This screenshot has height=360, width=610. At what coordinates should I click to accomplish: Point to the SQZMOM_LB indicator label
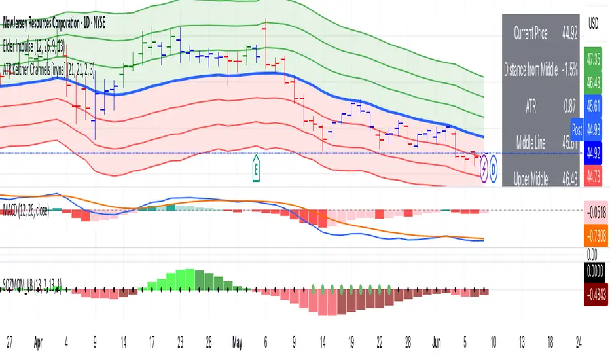(33, 289)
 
